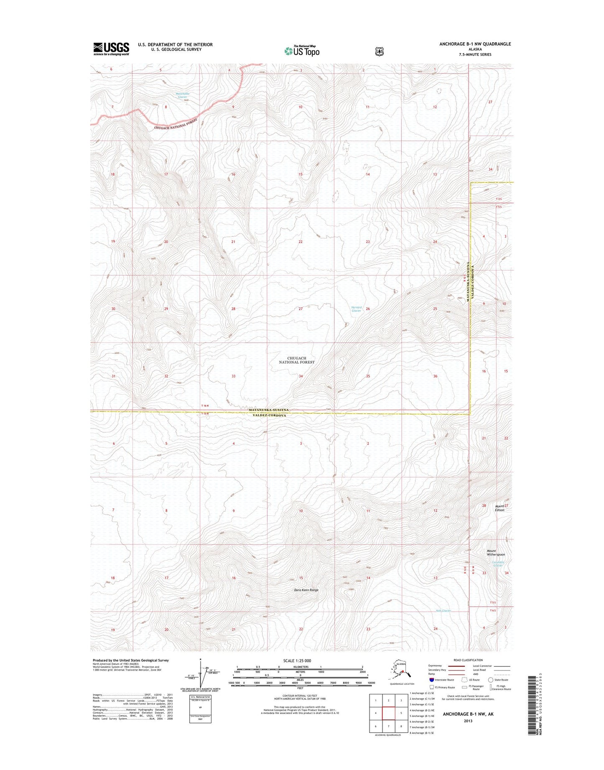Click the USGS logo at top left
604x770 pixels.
[x=111, y=48]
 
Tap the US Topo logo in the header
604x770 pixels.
[x=302, y=51]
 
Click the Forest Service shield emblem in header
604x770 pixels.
[x=379, y=51]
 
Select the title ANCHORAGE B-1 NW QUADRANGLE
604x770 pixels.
[x=475, y=44]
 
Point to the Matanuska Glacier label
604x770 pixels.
[x=183, y=95]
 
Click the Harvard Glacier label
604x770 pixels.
[x=356, y=309]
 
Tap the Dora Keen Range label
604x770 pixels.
[x=306, y=590]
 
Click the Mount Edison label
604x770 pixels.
[x=500, y=508]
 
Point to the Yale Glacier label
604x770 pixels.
[x=443, y=611]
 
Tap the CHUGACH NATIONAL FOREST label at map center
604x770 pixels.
[x=297, y=360]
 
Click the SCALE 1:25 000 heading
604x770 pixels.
[x=300, y=660]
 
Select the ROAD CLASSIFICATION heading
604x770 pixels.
[x=468, y=660]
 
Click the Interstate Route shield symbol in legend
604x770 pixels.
[x=432, y=680]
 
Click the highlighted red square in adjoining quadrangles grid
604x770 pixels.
[x=388, y=714]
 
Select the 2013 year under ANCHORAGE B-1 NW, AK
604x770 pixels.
[x=468, y=721]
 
